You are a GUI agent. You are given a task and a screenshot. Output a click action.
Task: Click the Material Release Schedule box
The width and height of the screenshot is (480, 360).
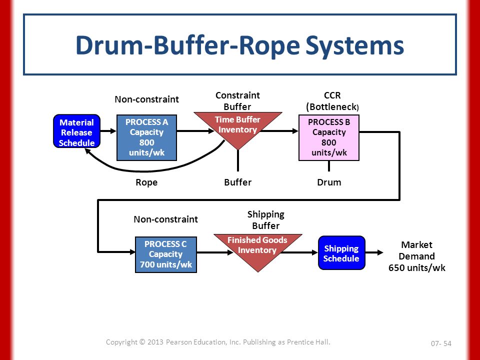pos(77,131)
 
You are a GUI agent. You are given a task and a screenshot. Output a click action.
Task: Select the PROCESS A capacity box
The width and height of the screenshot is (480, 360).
pos(146,137)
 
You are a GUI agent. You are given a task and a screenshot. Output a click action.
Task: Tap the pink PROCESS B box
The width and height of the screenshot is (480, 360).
pos(329,137)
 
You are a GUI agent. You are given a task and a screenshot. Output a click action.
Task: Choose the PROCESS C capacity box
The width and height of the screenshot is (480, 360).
pos(166,254)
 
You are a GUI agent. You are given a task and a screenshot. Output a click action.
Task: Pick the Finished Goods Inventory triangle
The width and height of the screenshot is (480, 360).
pos(258,248)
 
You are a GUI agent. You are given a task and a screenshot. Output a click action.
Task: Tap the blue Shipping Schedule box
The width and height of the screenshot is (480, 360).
pos(341,253)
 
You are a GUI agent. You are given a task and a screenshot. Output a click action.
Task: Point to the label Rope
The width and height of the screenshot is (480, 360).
pos(146,182)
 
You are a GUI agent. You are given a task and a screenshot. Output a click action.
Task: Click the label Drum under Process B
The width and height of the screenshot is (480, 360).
pos(329,182)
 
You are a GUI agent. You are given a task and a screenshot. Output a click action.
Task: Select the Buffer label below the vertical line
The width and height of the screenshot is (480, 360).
pos(238,182)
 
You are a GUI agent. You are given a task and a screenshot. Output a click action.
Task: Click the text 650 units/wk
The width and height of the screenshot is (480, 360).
pos(417,268)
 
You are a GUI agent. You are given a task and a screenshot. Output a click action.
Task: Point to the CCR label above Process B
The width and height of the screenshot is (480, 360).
pos(332,95)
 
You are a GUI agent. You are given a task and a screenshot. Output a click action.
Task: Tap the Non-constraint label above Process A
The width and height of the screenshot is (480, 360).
pos(146,99)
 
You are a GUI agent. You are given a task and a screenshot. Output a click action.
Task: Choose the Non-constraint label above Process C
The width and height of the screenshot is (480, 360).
pos(165,219)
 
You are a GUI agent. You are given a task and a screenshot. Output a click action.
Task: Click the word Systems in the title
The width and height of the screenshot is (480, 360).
pos(354,45)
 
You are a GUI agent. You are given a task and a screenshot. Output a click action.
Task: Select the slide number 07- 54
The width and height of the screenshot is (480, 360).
pos(441,343)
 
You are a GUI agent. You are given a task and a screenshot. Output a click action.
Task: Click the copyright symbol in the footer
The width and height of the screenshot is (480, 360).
pos(141,342)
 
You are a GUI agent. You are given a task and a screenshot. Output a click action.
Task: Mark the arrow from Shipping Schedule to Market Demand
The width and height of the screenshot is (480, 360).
pos(374,252)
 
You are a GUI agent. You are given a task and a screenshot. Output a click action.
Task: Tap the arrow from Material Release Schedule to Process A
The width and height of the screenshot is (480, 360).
pos(108,131)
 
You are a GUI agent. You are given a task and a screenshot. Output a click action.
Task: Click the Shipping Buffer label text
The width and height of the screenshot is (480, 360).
pos(265,220)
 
